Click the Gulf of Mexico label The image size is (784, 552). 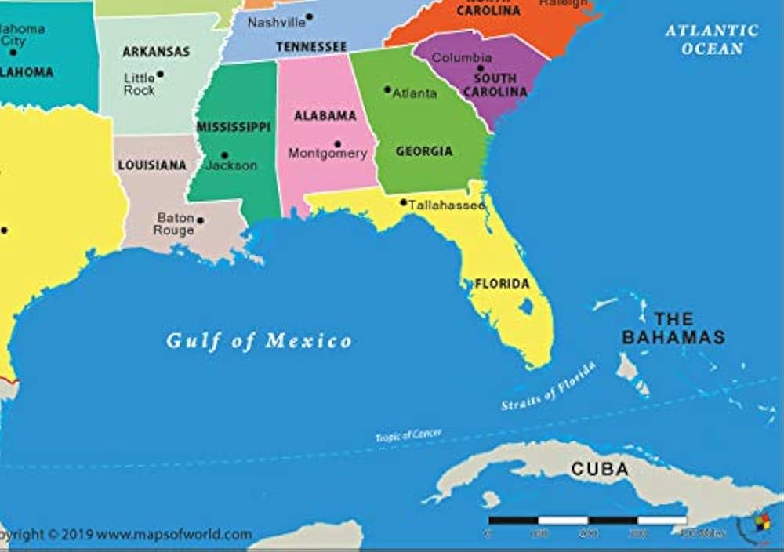point(259,341)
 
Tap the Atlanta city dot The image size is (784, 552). point(387,89)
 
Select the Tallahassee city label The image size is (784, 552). point(446,205)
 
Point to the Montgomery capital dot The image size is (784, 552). point(337,144)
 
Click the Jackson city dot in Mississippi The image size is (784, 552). point(224,155)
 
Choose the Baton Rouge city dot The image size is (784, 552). point(200,220)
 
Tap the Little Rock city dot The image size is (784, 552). point(160,74)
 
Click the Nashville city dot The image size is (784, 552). point(309,16)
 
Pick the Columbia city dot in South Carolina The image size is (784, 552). point(481,68)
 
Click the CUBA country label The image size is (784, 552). point(600,470)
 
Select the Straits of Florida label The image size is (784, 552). point(549,386)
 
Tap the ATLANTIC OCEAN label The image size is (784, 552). point(712,39)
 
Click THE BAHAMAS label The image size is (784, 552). point(673,329)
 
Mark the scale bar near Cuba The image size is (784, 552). point(588,520)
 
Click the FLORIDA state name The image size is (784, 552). point(502,284)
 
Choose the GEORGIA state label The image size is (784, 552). point(423,151)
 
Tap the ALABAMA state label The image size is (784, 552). point(325,116)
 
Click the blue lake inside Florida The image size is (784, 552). point(526,306)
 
